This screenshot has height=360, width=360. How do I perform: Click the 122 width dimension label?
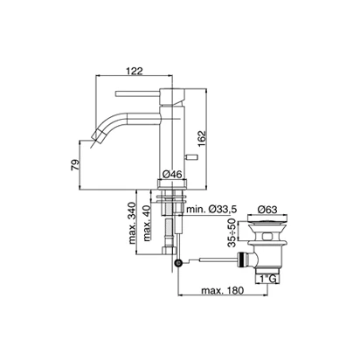(x=135, y=71)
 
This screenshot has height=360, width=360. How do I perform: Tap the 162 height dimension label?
(x=201, y=138)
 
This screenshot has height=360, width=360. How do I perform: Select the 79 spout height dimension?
(x=75, y=164)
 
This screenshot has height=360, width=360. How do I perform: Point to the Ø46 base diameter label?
(x=172, y=174)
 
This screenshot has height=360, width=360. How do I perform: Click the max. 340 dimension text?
(x=133, y=223)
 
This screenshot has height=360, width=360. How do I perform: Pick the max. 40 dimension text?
(x=147, y=223)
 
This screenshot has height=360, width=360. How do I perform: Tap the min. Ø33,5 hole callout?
(x=211, y=209)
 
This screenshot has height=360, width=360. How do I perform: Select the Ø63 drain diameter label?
(x=267, y=209)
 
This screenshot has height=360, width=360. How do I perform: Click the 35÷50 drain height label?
(x=232, y=232)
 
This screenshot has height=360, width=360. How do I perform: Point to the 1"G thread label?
(x=267, y=279)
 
